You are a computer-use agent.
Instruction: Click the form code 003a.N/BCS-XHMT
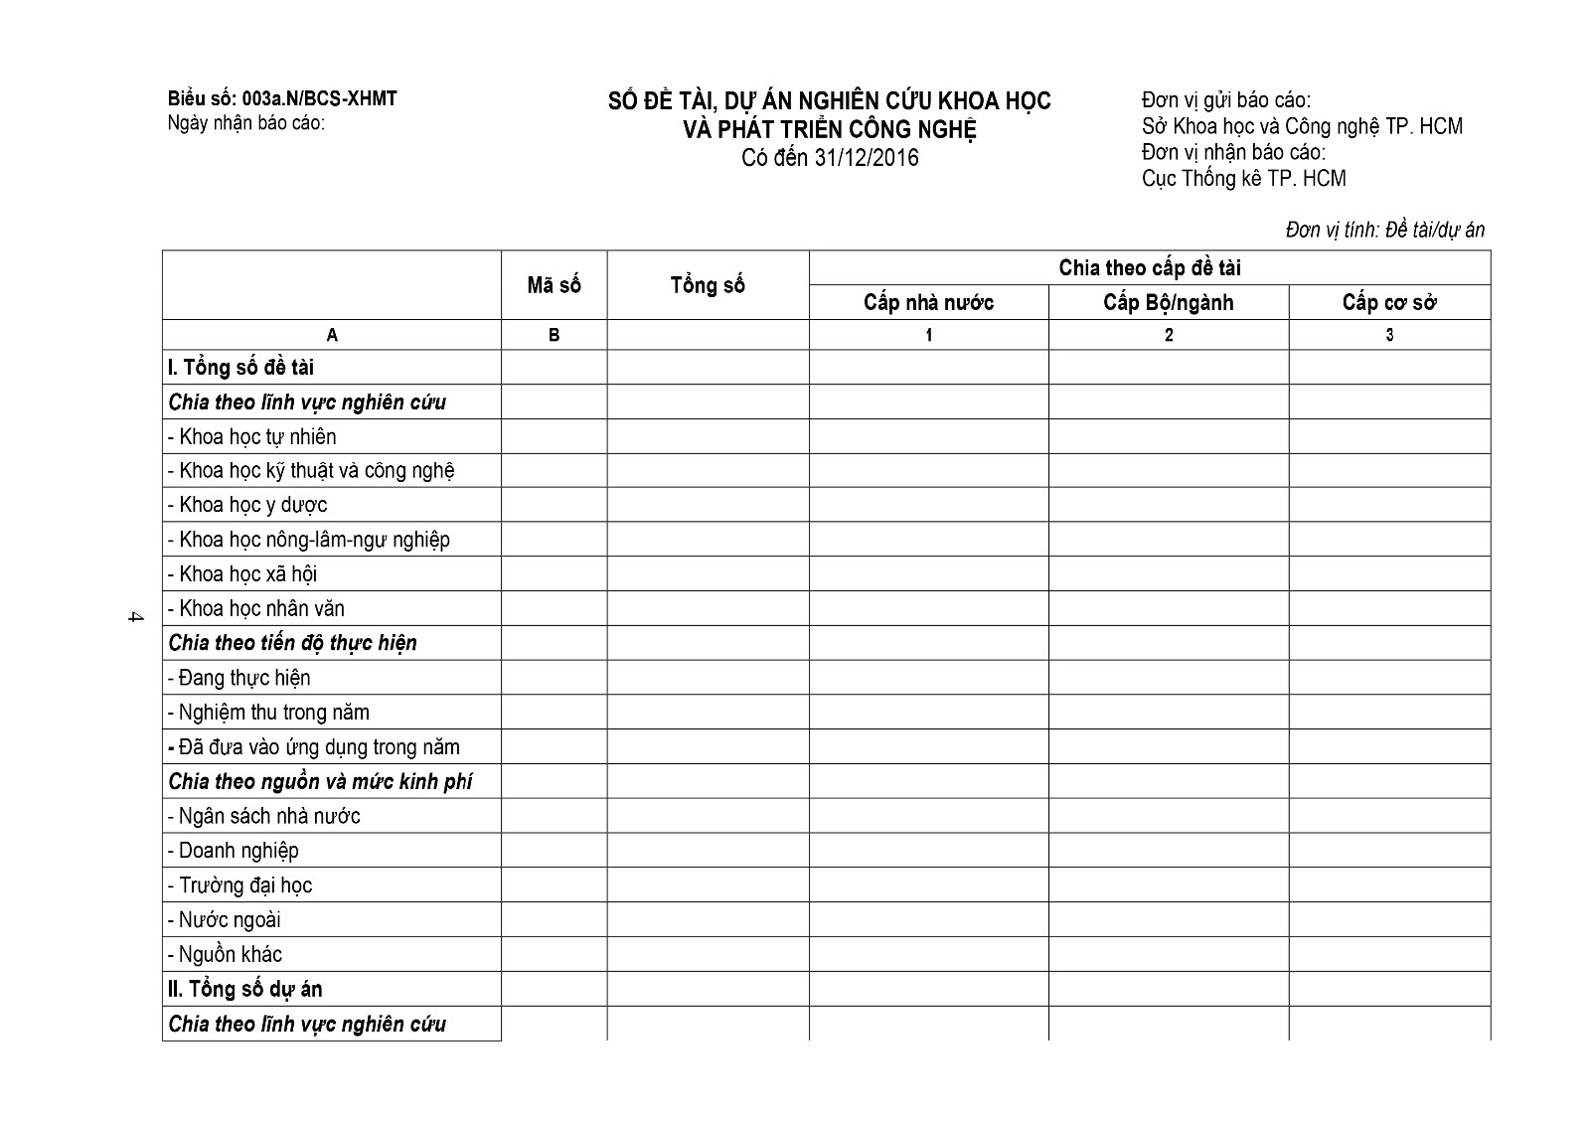319,99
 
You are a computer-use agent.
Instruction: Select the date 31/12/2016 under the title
866,158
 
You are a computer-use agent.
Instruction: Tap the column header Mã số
554,286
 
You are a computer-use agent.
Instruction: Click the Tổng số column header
708,286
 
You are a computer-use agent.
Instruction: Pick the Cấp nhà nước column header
928,303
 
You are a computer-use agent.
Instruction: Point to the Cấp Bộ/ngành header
1168,303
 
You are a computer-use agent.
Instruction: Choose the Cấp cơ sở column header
1389,303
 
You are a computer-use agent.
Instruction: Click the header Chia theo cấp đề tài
1150,268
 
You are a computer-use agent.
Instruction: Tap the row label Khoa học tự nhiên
257,437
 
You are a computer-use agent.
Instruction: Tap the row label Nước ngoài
229,920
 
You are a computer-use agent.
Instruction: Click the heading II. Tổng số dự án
244,989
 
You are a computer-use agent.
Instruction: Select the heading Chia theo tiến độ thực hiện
292,643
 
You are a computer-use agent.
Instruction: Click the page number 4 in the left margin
135,617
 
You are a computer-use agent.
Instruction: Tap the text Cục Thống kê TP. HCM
1243,179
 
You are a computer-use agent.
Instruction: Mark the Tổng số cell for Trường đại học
708,885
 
